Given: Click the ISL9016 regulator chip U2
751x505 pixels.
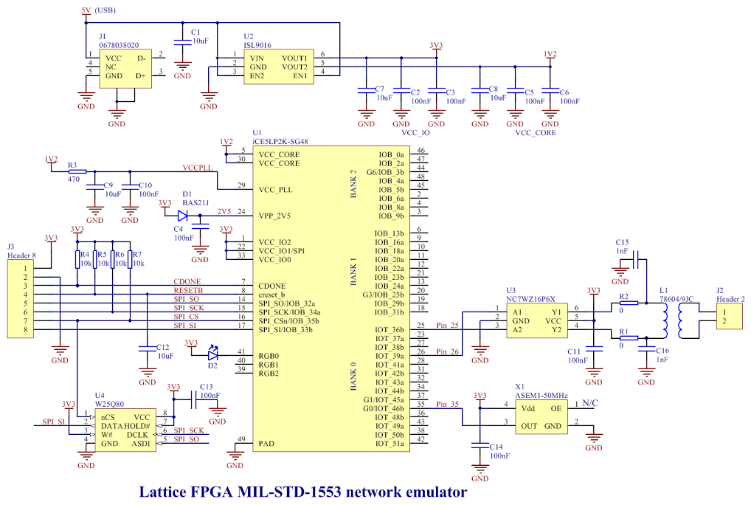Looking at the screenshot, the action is coord(279,66).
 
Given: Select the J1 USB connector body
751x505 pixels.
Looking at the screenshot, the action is coord(125,69).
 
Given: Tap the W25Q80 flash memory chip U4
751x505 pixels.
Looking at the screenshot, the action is coord(125,430).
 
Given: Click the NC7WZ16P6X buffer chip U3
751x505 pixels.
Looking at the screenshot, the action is coord(537,320).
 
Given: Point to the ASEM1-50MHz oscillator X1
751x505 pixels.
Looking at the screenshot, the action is coord(541,417).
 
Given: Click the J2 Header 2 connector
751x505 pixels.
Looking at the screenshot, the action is coord(730,316).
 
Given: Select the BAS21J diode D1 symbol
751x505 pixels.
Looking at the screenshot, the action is coord(182,216).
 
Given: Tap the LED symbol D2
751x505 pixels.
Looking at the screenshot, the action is coord(212,354).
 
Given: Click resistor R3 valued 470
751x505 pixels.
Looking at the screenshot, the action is coord(77,171).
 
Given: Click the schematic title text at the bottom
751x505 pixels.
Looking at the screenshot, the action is coord(302,492).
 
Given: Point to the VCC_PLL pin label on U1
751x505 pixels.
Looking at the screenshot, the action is coord(275,190).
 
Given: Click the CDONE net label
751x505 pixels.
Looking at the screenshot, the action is coord(187,282).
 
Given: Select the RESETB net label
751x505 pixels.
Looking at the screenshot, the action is coord(188,290).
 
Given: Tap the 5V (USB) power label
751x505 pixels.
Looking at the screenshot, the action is coord(99,10).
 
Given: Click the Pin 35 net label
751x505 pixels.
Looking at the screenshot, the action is coord(447,404).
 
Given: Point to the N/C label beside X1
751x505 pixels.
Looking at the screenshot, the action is coord(590,403).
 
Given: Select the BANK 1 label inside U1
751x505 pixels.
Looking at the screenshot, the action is coord(353,272).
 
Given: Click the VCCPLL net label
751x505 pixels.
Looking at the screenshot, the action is coord(197,168).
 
